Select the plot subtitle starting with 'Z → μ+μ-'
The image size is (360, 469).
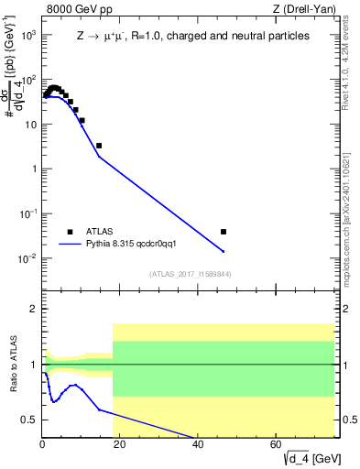[x=191, y=36]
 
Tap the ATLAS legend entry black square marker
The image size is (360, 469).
[x=70, y=232]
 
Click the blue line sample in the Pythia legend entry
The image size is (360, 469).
[x=70, y=245]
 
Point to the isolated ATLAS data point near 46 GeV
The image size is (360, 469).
[x=223, y=232]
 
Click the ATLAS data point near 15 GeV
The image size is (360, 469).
[x=99, y=146]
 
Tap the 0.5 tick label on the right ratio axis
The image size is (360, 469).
[x=348, y=420]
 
